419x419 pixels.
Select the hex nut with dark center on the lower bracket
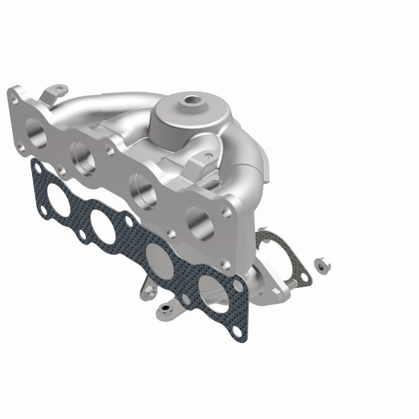[x=167, y=308]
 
